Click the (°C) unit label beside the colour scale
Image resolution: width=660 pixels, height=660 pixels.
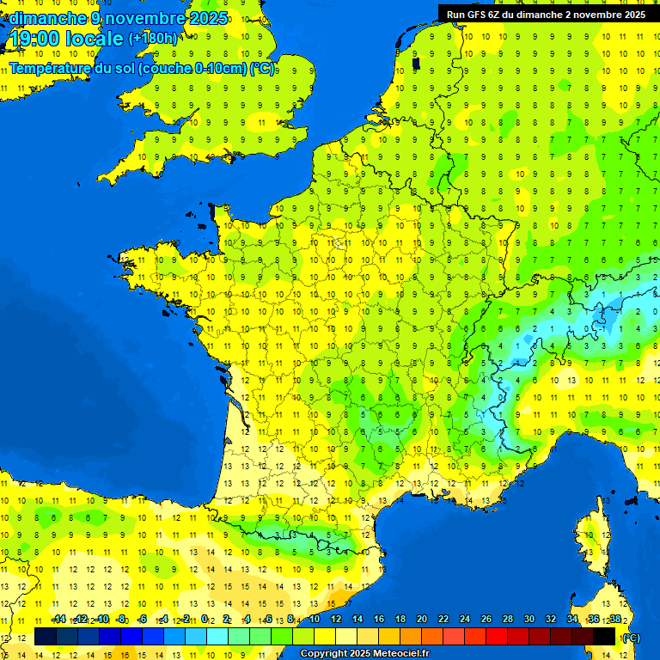pos(631,638)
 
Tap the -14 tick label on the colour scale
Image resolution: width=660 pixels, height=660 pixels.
pos(58,620)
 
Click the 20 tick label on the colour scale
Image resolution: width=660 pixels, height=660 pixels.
pos(421,620)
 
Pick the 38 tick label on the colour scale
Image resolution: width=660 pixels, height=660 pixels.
pos(614,620)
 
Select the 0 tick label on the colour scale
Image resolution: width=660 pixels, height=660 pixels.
pos(205,620)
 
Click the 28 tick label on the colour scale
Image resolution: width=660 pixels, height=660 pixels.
pos(507,620)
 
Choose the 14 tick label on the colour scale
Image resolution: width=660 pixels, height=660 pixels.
pos(357,620)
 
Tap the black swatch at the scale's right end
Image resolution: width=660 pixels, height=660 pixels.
pos(604,637)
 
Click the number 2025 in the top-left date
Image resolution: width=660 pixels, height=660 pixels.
pos(207,18)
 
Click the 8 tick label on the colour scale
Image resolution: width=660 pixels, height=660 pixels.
pos(290,620)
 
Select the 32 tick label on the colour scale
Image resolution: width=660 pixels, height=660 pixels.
pos(550,620)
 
